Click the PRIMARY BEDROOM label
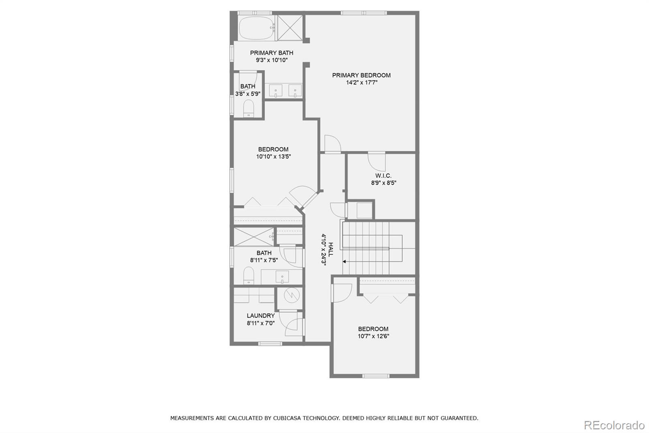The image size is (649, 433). click(361, 75)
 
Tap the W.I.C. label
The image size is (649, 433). click(383, 175)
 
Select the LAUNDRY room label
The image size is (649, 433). click(260, 316)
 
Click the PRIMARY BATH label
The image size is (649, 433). click(271, 53)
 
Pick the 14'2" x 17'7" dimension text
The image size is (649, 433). click(361, 82)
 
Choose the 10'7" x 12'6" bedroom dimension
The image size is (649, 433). click(373, 336)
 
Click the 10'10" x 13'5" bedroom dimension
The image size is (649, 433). click(273, 156)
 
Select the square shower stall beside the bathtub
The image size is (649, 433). click(290, 28)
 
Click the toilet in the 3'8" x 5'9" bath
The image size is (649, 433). click(248, 108)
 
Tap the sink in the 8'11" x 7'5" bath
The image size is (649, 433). click(282, 277)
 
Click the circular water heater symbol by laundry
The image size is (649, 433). click(290, 296)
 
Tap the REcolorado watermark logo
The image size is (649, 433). click(614, 425)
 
